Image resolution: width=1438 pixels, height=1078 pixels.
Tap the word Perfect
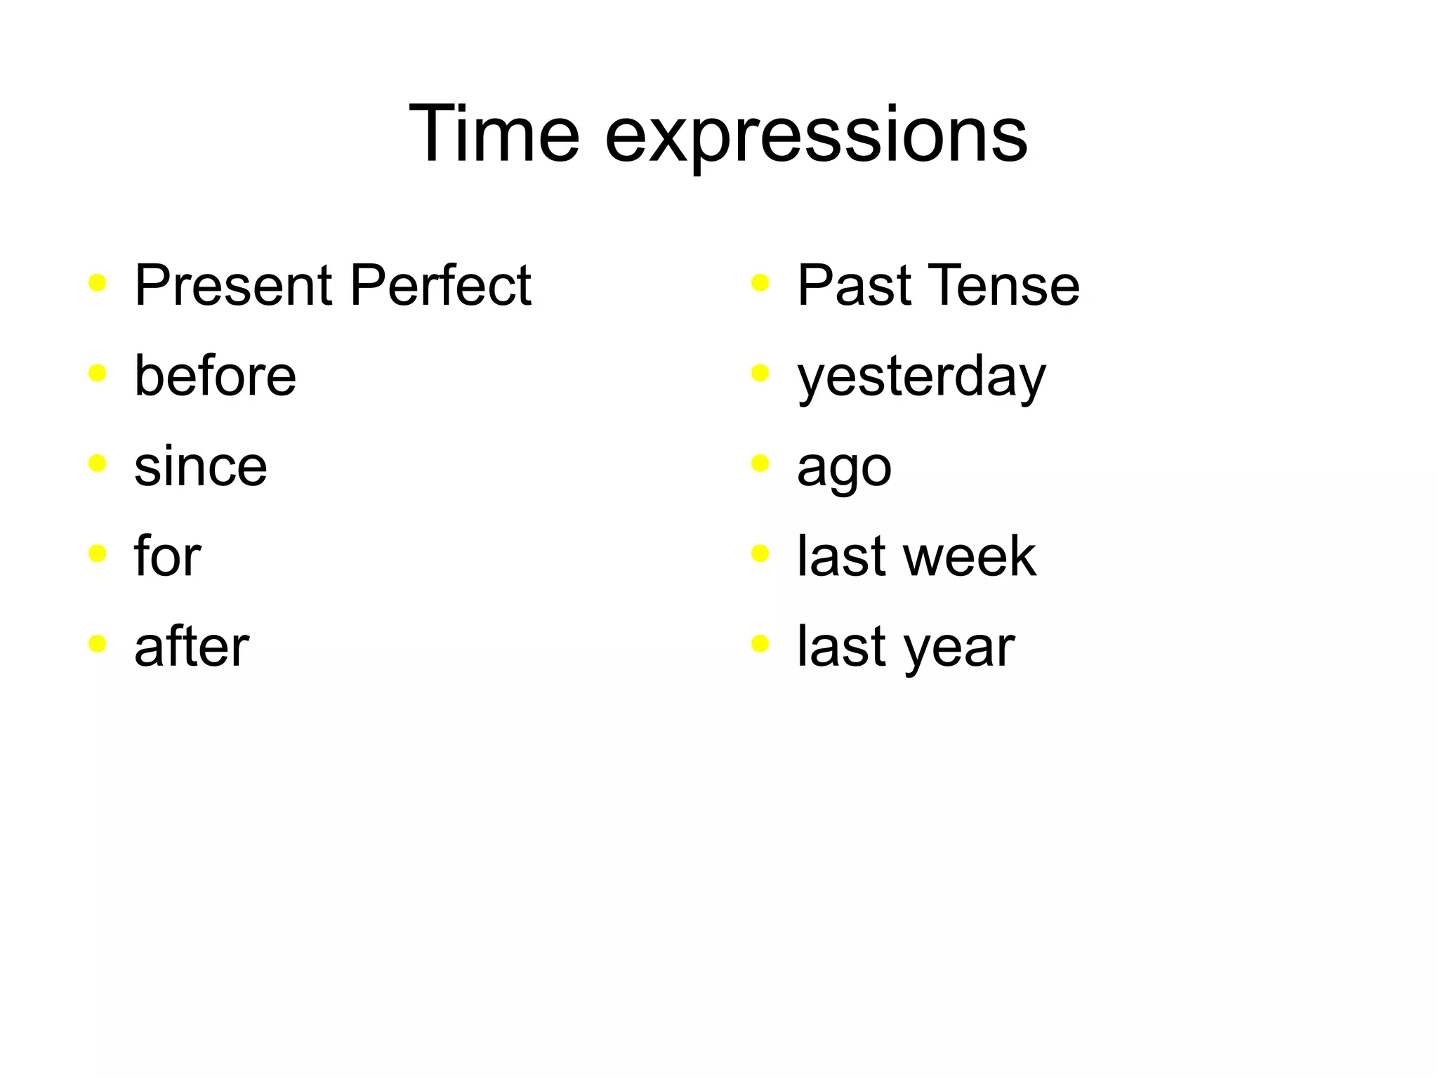pos(440,285)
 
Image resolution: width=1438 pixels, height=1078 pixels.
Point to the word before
pos(215,376)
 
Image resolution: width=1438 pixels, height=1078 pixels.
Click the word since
pos(200,466)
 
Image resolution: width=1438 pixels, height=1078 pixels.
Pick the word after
pos(191,646)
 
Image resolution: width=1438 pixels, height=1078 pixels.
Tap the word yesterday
pos(921,378)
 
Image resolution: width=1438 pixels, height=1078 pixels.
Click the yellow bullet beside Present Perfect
pos(98,283)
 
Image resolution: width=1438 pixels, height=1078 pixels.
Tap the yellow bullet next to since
pos(98,464)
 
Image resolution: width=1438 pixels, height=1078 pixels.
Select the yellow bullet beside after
pos(98,644)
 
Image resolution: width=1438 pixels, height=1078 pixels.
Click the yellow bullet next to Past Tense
pos(760,283)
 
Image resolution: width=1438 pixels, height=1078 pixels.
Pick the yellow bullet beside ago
pos(760,464)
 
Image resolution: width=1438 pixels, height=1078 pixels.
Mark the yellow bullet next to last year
pos(760,644)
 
